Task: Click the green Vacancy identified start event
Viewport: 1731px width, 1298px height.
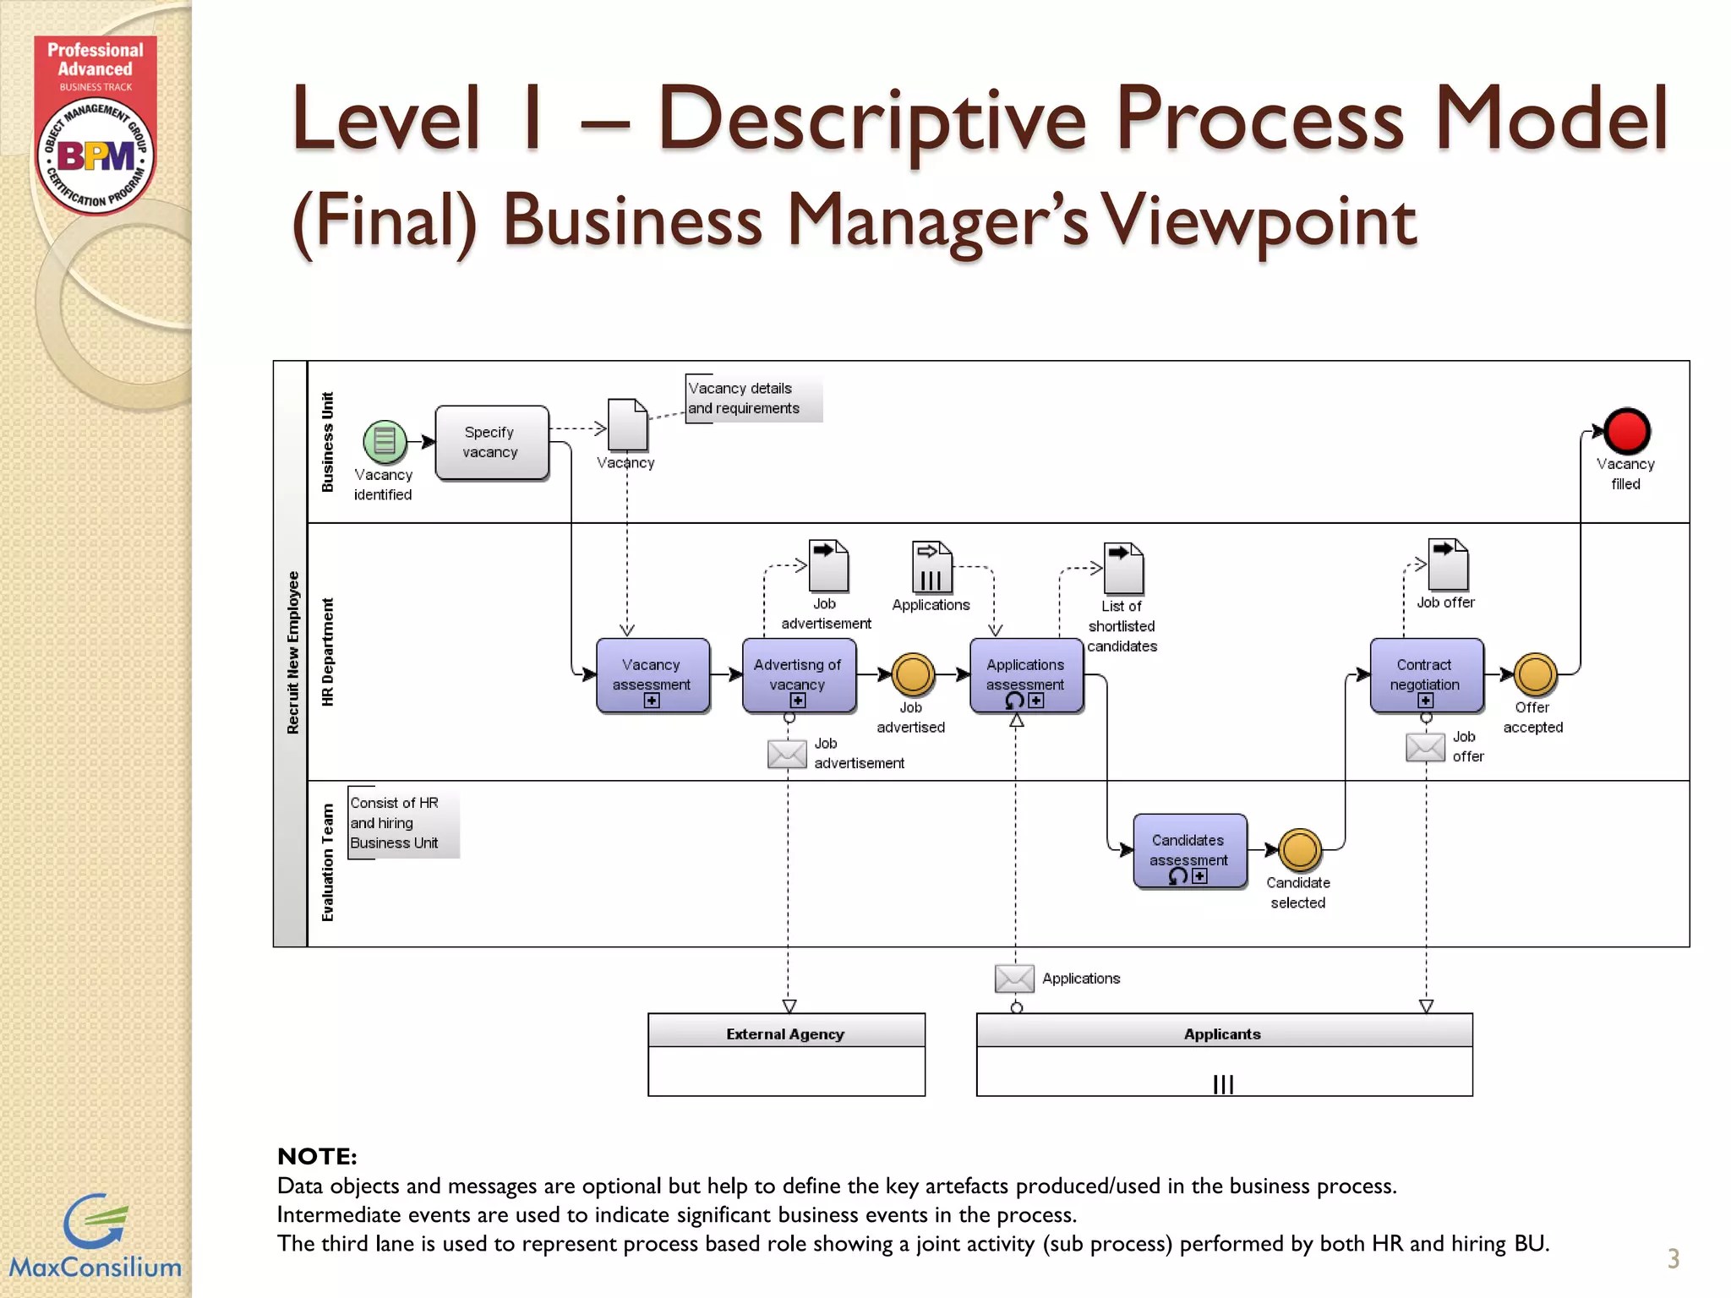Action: (385, 441)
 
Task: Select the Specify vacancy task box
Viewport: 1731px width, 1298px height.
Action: (491, 443)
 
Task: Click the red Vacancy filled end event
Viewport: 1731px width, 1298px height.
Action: (1626, 431)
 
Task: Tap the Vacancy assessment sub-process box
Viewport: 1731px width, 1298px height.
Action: (652, 675)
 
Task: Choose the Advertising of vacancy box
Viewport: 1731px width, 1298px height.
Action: (798, 675)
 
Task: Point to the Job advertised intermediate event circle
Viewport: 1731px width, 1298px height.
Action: (912, 674)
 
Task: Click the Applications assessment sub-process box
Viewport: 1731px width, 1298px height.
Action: (1025, 675)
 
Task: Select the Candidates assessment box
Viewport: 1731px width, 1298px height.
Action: (1188, 850)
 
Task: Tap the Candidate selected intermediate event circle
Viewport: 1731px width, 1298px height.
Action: (1299, 850)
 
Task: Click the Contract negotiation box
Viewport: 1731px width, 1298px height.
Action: (1425, 675)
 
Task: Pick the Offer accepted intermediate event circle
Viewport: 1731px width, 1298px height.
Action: (1534, 674)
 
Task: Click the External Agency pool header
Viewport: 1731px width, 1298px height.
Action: (785, 1033)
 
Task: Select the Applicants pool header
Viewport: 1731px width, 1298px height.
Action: (1222, 1033)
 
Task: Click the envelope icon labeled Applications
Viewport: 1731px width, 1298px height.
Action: (1014, 979)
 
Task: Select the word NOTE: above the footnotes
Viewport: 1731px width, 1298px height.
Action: (317, 1156)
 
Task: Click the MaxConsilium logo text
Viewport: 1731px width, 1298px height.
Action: (95, 1267)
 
